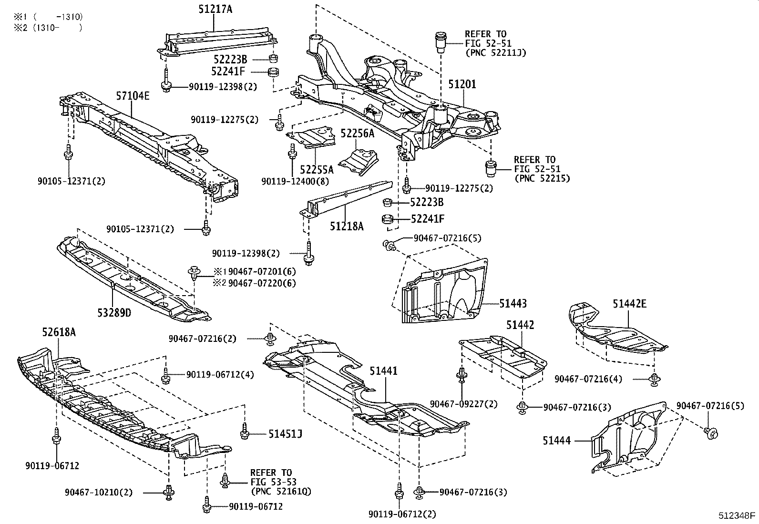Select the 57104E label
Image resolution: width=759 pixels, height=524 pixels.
[133, 96]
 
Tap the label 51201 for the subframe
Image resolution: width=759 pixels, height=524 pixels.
[462, 84]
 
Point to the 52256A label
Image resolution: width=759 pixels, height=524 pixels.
[357, 134]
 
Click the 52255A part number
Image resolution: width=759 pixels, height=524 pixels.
[317, 169]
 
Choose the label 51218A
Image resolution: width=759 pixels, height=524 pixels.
[346, 226]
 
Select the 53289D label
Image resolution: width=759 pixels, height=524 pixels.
[114, 313]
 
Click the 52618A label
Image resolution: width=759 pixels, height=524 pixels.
[59, 332]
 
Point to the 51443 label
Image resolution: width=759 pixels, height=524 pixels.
[513, 303]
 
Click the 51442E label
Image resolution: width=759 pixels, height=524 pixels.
[629, 303]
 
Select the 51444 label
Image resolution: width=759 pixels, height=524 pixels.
[556, 441]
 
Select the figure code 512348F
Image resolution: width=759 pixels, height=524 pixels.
[737, 515]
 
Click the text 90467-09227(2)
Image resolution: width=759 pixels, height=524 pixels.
[463, 404]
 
